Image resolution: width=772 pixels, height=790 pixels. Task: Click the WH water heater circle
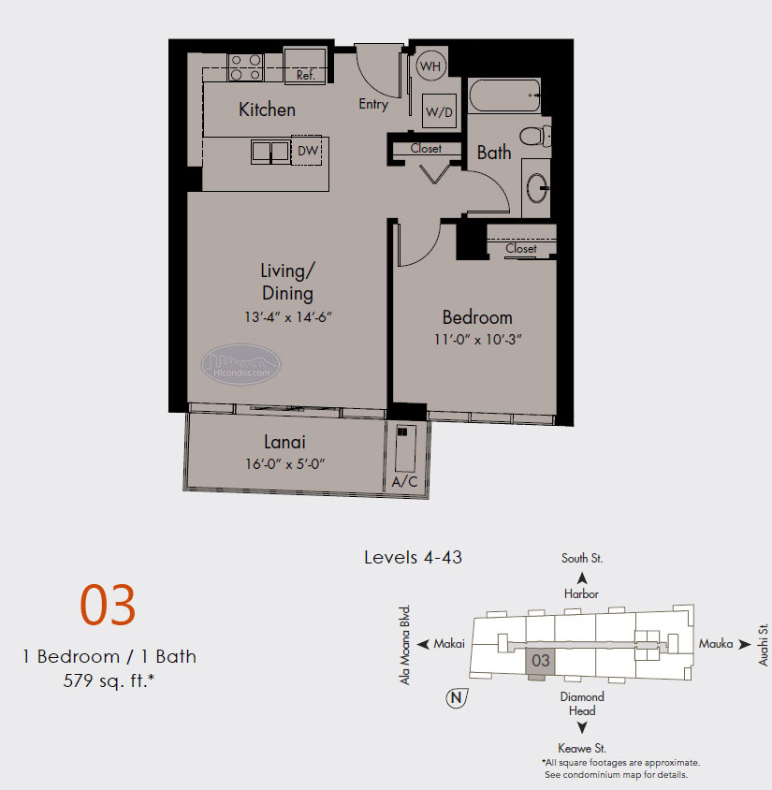(431, 66)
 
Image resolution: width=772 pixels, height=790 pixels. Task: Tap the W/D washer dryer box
(439, 110)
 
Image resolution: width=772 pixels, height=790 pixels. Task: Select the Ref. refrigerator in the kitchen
(305, 66)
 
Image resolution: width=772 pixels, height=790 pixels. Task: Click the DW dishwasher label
(308, 150)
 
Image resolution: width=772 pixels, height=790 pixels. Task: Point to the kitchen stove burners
(246, 67)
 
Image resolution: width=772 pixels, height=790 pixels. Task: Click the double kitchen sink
(271, 152)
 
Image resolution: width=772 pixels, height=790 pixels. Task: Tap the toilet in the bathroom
(535, 136)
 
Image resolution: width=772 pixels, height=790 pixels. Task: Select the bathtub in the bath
(504, 95)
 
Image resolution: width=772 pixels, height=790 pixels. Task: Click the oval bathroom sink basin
(538, 188)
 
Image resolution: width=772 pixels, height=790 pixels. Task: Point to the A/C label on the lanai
(405, 482)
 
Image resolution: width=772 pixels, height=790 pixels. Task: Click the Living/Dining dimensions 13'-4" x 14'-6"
(288, 317)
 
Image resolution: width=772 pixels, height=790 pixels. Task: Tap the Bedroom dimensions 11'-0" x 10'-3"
(478, 340)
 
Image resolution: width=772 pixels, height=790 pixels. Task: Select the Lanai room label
(285, 442)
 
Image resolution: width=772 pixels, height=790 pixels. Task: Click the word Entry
(373, 104)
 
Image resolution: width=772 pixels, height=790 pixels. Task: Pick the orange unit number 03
(108, 605)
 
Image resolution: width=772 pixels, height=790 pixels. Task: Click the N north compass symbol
(457, 697)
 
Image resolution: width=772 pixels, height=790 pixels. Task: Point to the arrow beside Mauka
(745, 644)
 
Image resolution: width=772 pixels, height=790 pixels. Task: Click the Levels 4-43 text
(413, 557)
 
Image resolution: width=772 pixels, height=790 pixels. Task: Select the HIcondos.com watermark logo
(241, 364)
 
